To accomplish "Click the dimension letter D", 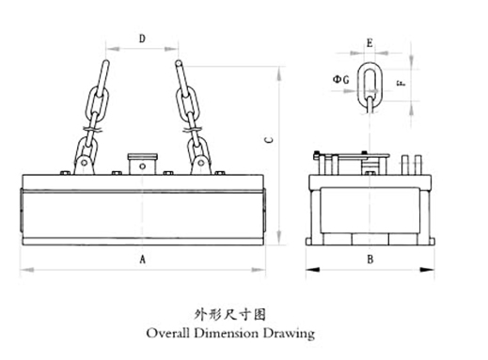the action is click(x=142, y=39).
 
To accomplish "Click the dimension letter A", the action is click(x=143, y=259).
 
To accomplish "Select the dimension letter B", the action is click(x=370, y=259).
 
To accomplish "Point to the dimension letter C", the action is click(x=269, y=140).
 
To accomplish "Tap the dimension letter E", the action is click(x=370, y=43).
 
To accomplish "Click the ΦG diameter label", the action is click(x=340, y=80).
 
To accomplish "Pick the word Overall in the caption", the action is click(x=167, y=333).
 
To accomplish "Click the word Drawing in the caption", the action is click(x=289, y=334).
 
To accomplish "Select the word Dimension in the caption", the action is click(x=227, y=333).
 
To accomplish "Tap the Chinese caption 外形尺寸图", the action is click(x=229, y=314).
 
